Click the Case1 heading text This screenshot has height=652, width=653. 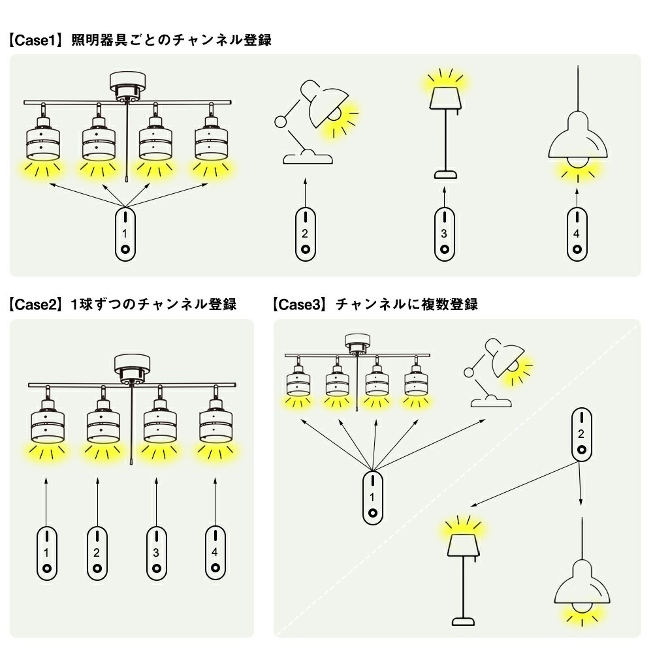(x=140, y=40)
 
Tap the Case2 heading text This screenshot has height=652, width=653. (x=123, y=304)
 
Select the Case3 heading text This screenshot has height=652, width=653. (x=375, y=304)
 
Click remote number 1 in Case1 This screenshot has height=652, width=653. (x=125, y=234)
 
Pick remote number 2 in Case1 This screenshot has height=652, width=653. (x=305, y=234)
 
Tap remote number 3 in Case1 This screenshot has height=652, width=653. (x=444, y=234)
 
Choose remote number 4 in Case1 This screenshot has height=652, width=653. (x=577, y=234)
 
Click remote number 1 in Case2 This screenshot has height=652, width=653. (x=46, y=553)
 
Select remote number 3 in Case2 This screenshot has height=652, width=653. (x=156, y=553)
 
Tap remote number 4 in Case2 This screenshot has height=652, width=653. (x=215, y=553)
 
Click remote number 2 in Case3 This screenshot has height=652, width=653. (x=581, y=435)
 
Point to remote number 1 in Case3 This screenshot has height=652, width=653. (x=372, y=498)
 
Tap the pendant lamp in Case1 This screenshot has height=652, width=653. (x=578, y=124)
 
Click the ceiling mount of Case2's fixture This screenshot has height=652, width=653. (x=132, y=369)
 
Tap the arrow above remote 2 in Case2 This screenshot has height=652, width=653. (x=97, y=502)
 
